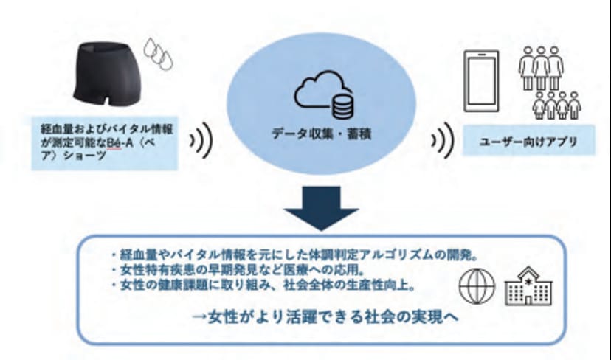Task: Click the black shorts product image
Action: [x=106, y=74]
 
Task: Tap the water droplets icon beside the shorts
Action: [x=158, y=54]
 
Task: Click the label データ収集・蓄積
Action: [x=322, y=134]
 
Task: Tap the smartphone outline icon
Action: [x=481, y=80]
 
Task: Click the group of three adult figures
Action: [x=541, y=68]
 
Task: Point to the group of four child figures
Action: [x=557, y=105]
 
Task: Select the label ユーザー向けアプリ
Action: [x=528, y=142]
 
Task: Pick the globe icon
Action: [x=477, y=286]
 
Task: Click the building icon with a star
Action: [x=528, y=286]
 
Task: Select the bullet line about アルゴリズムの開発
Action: [x=295, y=255]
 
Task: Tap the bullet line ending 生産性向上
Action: [x=263, y=285]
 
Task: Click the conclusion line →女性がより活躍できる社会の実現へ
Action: [x=325, y=316]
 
